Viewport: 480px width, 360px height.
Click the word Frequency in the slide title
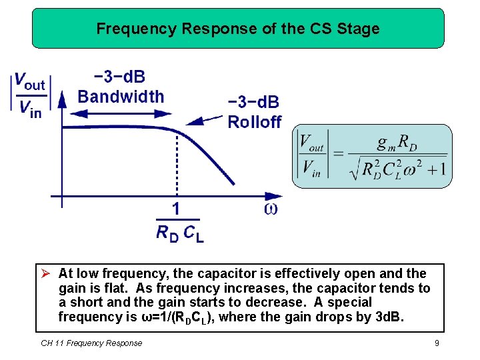(128, 29)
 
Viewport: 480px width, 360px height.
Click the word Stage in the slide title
(360, 29)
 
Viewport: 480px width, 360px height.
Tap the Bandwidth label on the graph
(121, 97)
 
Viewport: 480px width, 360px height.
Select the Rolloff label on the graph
(254, 122)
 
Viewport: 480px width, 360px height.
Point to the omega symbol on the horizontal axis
(271, 209)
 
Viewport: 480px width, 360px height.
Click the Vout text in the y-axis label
(30, 83)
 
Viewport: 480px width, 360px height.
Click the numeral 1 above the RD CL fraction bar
(175, 209)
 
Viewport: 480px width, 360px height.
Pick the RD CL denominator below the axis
(179, 233)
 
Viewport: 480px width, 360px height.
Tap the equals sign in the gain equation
(337, 154)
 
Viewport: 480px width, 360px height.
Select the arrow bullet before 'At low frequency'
(46, 273)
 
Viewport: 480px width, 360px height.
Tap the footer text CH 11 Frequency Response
(91, 343)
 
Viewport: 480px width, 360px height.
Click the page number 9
(436, 343)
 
